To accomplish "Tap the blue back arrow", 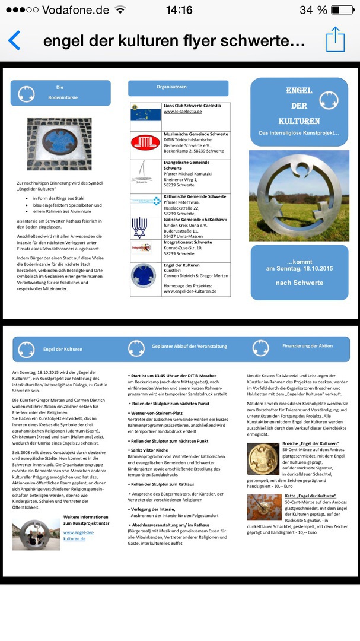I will pos(14,40).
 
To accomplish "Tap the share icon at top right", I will pos(336,39).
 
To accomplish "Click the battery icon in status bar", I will pos(342,10).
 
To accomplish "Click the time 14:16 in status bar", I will pos(179,10).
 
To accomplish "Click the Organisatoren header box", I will pos(178,87).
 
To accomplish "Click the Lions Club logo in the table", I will pos(145,112).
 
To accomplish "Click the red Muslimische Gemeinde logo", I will pos(145,143).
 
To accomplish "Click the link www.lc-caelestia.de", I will pos(183,112).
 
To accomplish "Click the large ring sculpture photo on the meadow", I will pos(298,195).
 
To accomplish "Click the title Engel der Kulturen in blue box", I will pos(299,105).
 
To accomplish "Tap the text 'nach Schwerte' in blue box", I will pos(299,283).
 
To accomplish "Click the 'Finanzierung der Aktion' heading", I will pos(307,346).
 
